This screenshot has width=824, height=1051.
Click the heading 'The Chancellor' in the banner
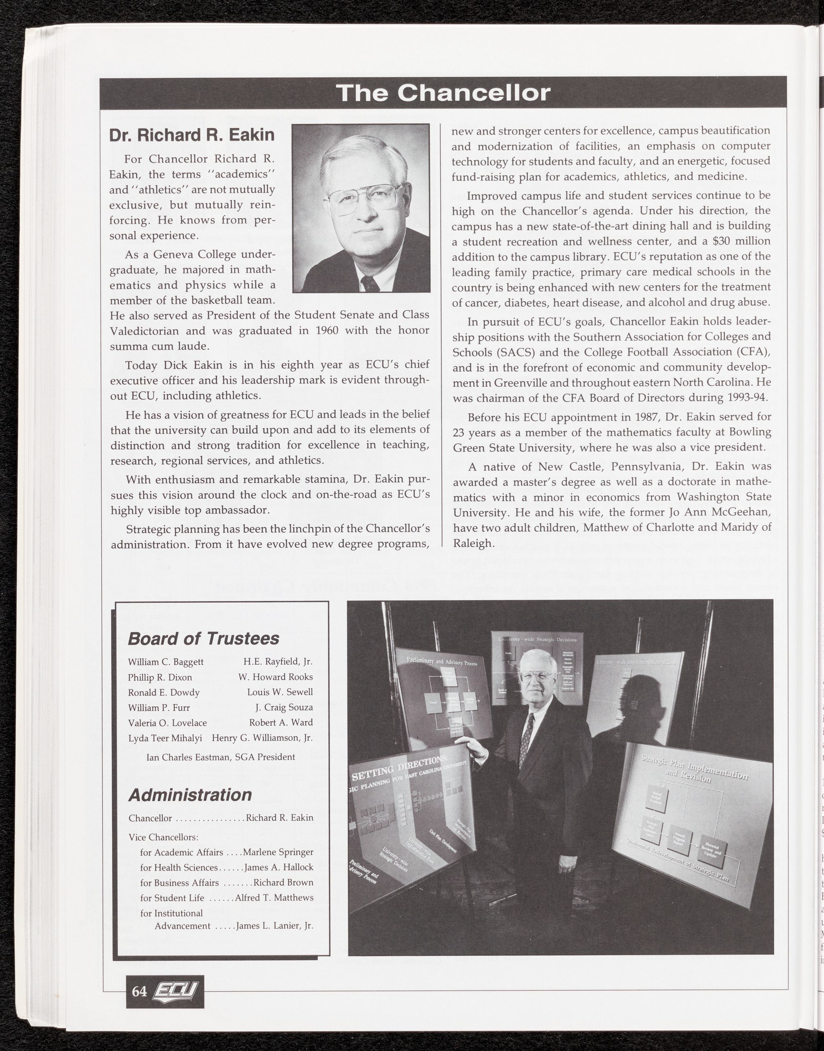pos(443,93)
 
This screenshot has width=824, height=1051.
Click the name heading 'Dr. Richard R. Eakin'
pos(192,135)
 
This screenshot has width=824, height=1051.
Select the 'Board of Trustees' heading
pos(203,638)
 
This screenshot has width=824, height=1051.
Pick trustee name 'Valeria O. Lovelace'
pos(167,723)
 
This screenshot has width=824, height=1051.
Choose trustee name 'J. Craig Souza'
pos(284,707)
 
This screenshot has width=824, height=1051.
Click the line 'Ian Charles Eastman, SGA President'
pos(220,757)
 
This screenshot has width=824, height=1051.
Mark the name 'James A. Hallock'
pos(279,867)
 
